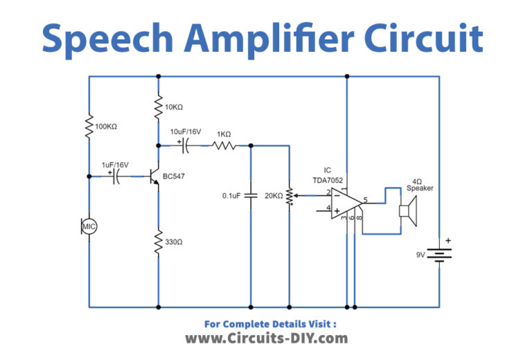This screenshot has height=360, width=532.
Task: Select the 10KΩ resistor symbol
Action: point(159,108)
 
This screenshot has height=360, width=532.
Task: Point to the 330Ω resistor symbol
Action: point(159,243)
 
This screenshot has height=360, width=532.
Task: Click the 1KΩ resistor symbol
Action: point(224,146)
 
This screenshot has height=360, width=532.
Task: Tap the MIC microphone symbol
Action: point(89,226)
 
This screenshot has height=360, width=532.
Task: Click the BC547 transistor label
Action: point(174,177)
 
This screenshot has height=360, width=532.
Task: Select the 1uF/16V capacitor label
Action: point(116,165)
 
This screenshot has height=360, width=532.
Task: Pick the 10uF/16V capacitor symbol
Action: point(186,146)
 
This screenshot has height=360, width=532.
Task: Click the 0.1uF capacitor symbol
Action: point(251,196)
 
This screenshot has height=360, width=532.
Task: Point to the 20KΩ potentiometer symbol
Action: point(290,196)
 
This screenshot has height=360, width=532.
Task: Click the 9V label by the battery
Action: point(420,255)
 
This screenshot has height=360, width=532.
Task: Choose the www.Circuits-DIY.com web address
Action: point(266,339)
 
